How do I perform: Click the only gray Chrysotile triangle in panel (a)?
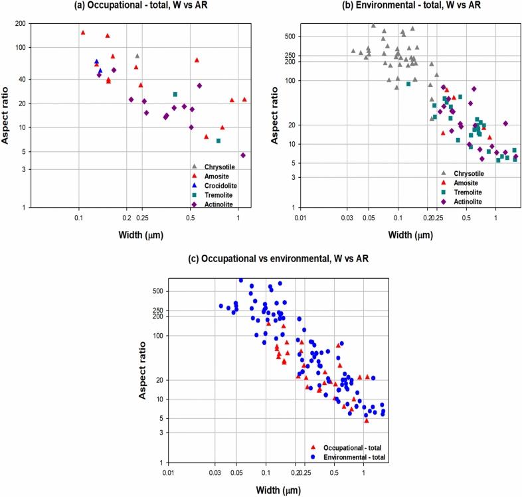(x=137, y=56)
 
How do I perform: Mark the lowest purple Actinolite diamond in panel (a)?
(x=243, y=155)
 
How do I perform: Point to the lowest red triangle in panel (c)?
(x=366, y=420)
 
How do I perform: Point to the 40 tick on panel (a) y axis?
(x=22, y=79)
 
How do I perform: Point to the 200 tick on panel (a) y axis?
(x=20, y=24)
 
